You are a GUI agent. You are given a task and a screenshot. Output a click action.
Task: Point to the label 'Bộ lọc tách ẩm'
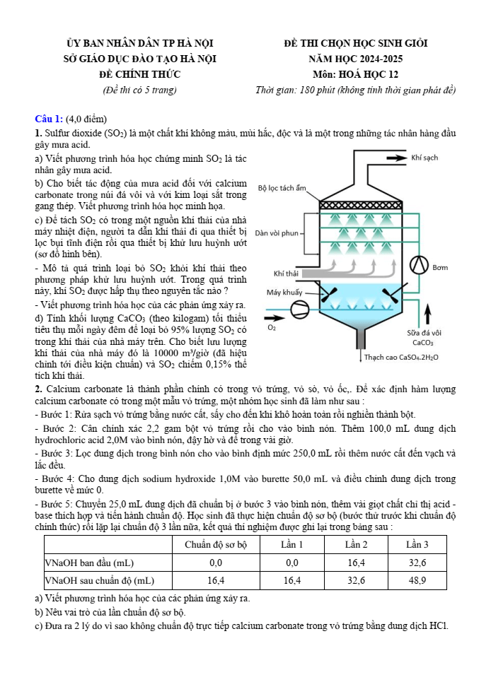[282, 188]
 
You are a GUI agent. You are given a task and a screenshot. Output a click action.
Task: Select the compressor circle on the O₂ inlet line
[300, 307]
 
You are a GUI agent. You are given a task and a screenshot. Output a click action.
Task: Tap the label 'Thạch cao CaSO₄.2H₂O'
[401, 358]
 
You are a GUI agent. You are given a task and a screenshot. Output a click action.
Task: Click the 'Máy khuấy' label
[284, 292]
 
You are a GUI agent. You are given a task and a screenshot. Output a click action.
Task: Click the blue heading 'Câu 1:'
[50, 118]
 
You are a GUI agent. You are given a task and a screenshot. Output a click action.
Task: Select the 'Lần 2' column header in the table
[356, 544]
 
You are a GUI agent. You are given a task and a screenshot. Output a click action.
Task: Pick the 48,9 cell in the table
[417, 580]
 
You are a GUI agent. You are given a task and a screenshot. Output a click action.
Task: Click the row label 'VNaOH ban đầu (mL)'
[89, 563]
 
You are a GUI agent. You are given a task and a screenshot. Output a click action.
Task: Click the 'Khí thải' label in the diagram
[286, 273]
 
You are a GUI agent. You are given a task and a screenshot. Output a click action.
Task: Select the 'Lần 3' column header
[417, 544]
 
